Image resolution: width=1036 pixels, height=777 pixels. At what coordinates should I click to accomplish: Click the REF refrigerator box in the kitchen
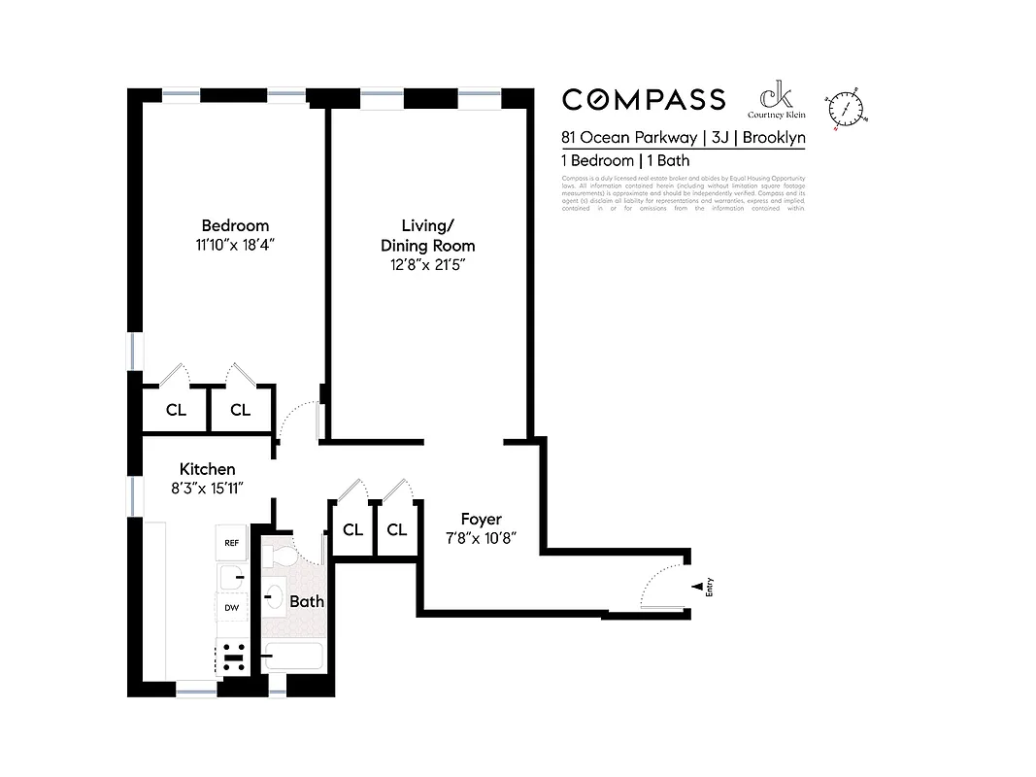click(x=231, y=543)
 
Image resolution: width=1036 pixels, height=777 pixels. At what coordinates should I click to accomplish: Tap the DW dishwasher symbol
click(x=231, y=608)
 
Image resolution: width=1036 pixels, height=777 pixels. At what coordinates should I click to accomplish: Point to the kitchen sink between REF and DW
click(x=231, y=578)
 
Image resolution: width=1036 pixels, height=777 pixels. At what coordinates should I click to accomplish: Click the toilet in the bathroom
click(x=279, y=557)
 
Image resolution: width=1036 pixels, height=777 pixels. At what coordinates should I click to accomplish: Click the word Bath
click(x=307, y=601)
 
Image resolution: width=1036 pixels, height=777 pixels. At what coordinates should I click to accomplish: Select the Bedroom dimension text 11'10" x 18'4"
click(x=235, y=246)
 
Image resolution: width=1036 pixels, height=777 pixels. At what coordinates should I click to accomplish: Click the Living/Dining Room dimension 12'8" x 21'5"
click(x=427, y=265)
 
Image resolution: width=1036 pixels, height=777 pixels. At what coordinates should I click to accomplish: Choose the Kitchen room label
click(x=207, y=469)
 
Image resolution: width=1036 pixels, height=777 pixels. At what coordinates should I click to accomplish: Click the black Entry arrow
click(x=696, y=587)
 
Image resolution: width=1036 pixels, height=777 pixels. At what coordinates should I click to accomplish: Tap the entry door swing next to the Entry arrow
click(x=662, y=588)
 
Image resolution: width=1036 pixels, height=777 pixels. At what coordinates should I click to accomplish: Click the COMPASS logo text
click(x=644, y=99)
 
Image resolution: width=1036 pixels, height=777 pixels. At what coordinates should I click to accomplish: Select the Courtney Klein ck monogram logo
click(x=776, y=97)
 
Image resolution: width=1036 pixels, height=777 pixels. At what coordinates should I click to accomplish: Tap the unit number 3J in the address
click(x=719, y=138)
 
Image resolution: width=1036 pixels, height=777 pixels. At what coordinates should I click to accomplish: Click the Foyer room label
click(x=481, y=520)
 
